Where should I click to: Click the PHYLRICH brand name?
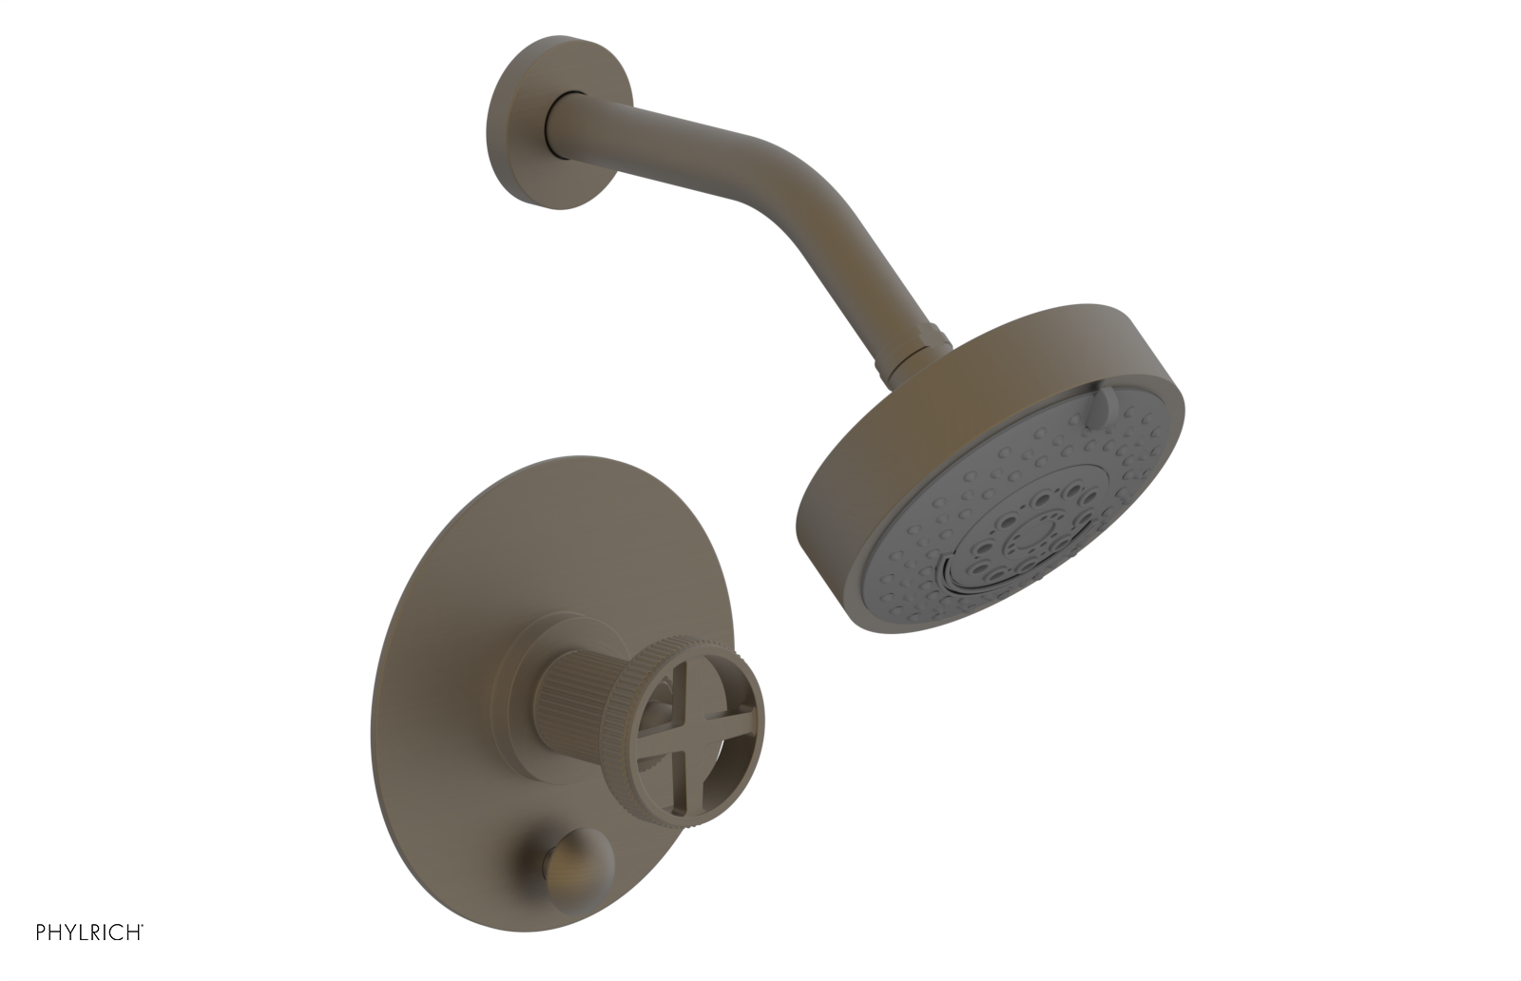[89, 932]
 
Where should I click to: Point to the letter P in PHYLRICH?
[42, 932]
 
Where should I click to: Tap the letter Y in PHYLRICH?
[71, 932]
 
